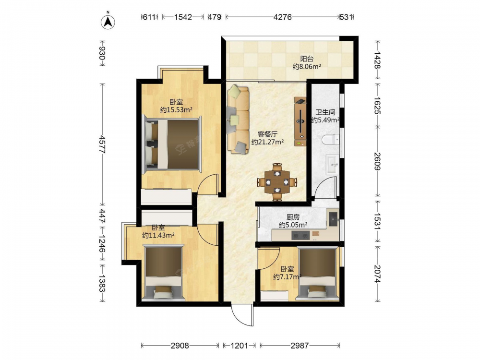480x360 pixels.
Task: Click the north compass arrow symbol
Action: coord(108,22)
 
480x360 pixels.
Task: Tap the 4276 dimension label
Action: coord(282,17)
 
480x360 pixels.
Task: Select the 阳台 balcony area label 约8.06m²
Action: coord(307,66)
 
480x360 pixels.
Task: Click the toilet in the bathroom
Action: coord(331,140)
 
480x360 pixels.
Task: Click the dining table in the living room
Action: coord(277,182)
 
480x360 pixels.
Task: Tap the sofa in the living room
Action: coord(238,119)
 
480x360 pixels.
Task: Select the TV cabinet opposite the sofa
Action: coord(300,121)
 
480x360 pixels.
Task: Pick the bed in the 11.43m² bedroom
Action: coord(164,272)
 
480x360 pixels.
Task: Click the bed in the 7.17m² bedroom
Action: coord(318,273)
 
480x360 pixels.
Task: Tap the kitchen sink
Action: coord(333,218)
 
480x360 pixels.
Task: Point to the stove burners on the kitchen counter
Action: coord(300,235)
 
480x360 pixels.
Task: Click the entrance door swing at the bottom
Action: coord(242,315)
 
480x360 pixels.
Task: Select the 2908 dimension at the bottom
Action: coord(180,346)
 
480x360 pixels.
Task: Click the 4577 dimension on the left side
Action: coord(102,144)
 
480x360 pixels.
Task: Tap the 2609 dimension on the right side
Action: coord(378,162)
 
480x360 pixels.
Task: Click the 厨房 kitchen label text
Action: coord(293,217)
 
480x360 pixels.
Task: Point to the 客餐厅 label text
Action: coord(267,134)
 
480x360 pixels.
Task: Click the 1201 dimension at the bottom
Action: coord(239,346)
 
